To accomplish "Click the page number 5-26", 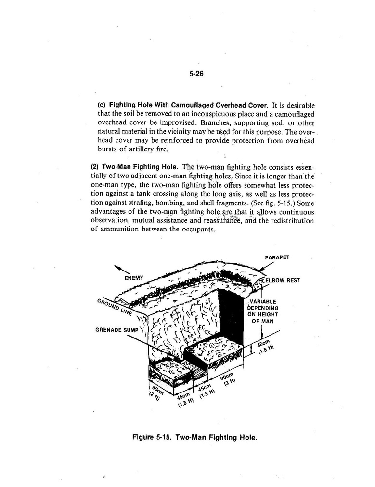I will [x=197, y=74].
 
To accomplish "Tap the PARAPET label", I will [x=277, y=257].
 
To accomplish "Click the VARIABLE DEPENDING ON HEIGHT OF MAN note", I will [x=263, y=311].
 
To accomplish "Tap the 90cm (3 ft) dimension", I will [x=229, y=379].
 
